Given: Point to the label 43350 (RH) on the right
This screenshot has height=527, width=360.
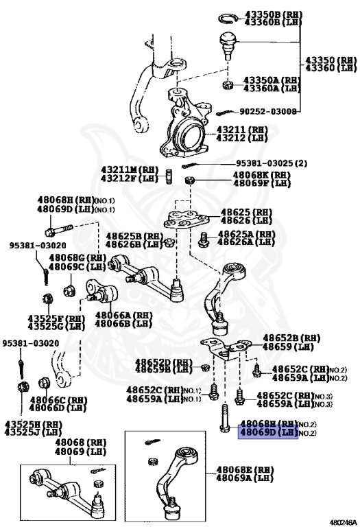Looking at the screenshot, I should coord(331,59).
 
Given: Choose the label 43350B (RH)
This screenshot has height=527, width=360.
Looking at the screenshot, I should coord(269,14).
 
